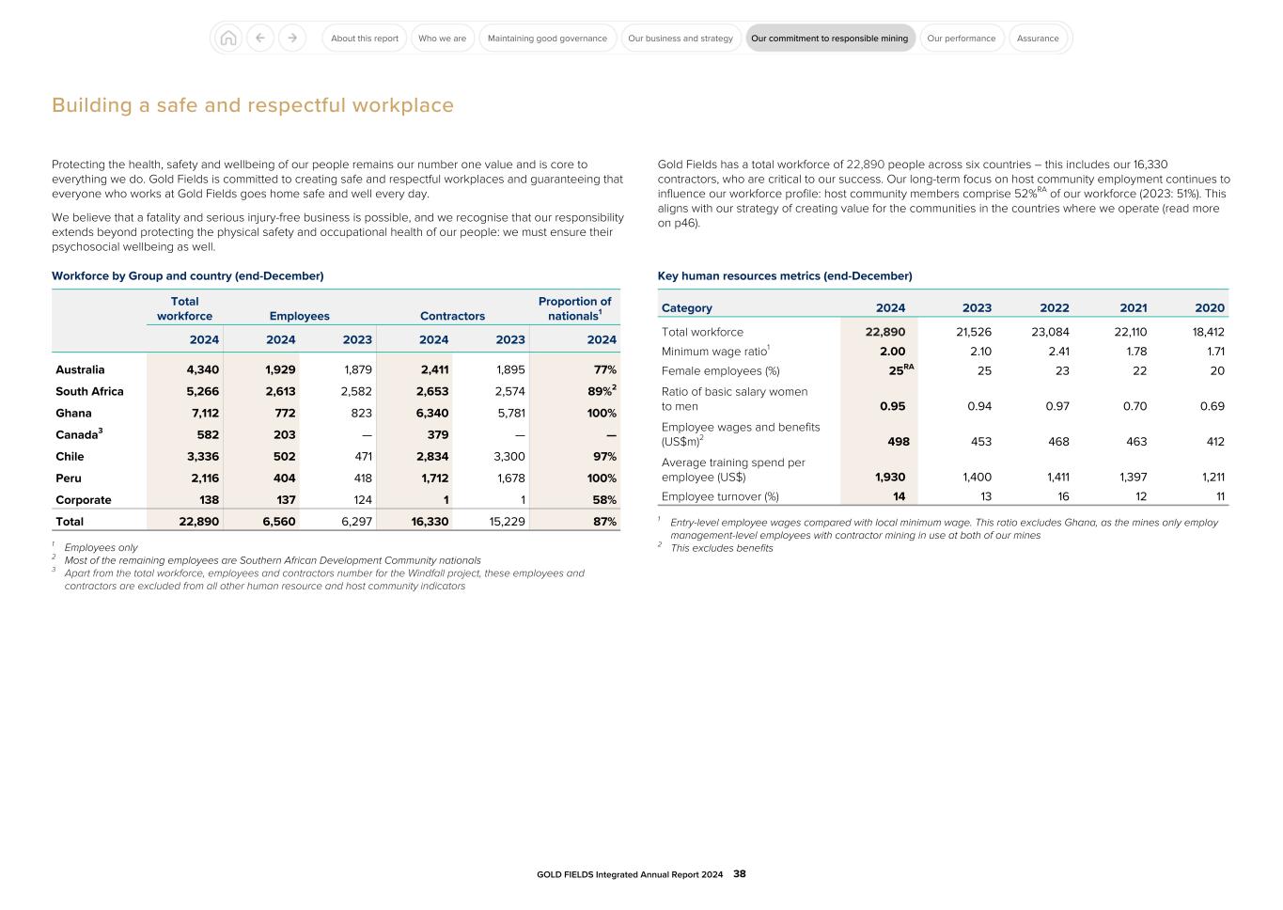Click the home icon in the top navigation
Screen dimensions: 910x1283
(x=227, y=39)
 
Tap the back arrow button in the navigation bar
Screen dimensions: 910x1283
(x=260, y=39)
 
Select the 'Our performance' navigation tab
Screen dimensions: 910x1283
(x=961, y=39)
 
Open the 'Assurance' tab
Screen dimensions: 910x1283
(x=1038, y=39)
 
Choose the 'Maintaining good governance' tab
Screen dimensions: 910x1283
(x=547, y=39)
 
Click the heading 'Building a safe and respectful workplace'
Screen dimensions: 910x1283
(x=252, y=105)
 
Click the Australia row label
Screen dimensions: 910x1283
(x=80, y=369)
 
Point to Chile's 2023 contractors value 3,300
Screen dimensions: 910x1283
(x=509, y=456)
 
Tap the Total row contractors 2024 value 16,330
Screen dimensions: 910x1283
(x=430, y=521)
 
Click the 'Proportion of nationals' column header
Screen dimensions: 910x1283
(x=574, y=308)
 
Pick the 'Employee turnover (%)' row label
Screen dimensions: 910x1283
(x=720, y=496)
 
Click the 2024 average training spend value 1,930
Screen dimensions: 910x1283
(x=889, y=477)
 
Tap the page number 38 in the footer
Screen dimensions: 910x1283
(x=740, y=873)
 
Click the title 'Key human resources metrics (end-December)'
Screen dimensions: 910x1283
(x=784, y=275)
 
